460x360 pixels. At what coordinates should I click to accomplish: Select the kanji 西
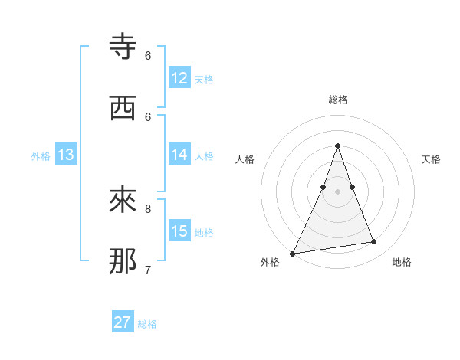[123, 109]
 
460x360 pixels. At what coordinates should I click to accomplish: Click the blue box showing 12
[179, 78]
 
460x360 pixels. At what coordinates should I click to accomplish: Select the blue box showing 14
[179, 155]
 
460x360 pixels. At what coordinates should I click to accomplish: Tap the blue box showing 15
[179, 231]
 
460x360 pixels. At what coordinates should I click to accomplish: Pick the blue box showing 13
[66, 155]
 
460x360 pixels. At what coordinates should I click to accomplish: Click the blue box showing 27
[123, 322]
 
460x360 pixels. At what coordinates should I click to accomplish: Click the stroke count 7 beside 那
[148, 270]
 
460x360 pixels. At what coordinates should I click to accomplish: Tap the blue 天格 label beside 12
[204, 80]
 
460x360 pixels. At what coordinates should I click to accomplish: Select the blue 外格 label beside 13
[41, 156]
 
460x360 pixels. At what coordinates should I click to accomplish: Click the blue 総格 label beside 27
[147, 324]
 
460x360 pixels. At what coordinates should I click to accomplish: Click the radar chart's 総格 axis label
[337, 100]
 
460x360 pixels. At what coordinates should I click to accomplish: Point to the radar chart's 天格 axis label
[431, 159]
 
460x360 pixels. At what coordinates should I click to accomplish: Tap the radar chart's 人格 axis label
[245, 159]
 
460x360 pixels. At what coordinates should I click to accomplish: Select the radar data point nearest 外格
[293, 253]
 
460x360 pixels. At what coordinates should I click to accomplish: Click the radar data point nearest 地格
[374, 242]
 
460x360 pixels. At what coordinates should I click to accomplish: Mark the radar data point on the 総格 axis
[337, 146]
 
